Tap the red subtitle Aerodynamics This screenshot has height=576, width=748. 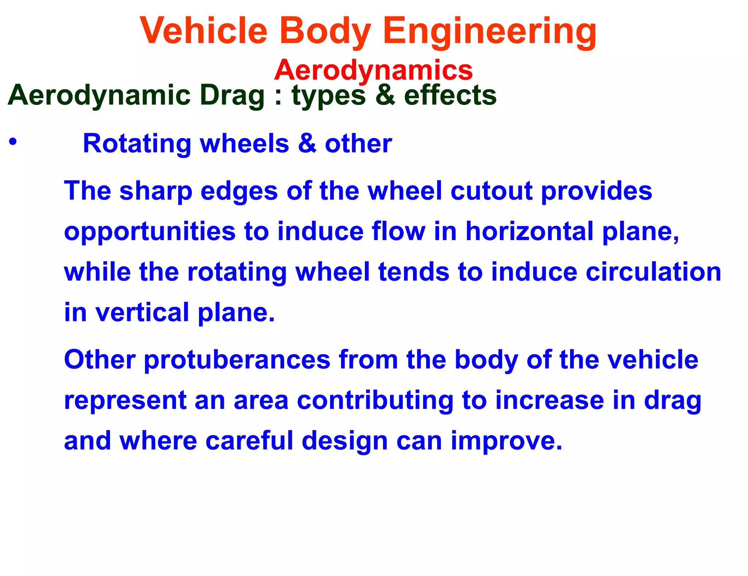[x=373, y=70]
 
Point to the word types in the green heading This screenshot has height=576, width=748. [x=328, y=96]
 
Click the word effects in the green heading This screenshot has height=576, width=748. [x=450, y=95]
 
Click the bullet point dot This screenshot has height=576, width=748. [x=13, y=142]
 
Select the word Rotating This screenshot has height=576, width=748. [x=137, y=143]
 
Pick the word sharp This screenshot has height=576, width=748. [x=156, y=191]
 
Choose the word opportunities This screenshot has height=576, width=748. [x=150, y=232]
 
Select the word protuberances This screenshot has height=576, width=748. [x=237, y=360]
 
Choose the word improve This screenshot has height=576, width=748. [x=506, y=441]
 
